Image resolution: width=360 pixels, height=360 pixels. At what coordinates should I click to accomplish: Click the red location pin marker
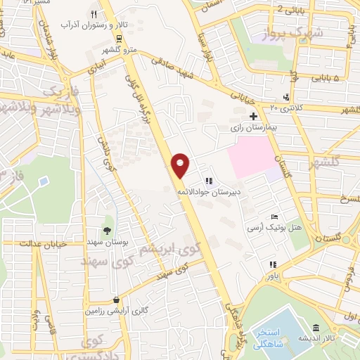pos(181,165)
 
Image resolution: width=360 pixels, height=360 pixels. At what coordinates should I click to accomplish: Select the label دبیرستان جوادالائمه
pos(219,191)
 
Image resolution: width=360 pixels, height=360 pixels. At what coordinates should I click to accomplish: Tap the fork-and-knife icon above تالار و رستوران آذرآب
pos(94,13)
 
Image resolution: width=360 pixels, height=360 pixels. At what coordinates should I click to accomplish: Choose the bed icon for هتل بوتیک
pos(274,216)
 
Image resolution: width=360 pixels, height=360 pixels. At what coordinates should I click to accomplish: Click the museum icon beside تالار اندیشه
pos(316,328)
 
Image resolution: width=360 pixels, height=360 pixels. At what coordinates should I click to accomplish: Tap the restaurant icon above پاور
pos(271,265)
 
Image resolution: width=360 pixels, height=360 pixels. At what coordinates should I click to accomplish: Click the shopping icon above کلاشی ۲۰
pos(285,97)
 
